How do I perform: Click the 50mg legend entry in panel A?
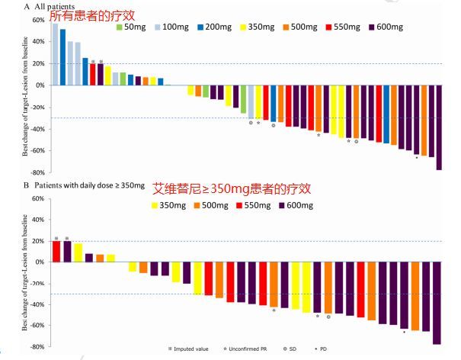[x=131, y=27]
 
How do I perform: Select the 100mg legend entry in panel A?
[x=171, y=27]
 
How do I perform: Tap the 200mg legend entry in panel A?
[x=215, y=27]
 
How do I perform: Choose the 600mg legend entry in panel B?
[x=296, y=205]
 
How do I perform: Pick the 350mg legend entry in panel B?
[x=168, y=205]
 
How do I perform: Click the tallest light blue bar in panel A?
[x=56, y=54]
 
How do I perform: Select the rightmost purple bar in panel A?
[x=439, y=127]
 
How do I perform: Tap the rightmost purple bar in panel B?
[x=437, y=303]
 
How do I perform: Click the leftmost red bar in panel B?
[x=56, y=252]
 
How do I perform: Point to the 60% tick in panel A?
[x=39, y=20]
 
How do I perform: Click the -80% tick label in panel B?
[x=37, y=346]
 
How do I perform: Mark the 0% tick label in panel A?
[x=40, y=85]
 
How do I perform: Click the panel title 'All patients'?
[x=55, y=6]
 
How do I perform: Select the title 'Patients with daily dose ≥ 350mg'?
[x=90, y=185]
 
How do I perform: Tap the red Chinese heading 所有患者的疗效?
[x=92, y=15]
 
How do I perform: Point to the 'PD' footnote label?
[x=323, y=349]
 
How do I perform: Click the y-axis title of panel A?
[x=25, y=96]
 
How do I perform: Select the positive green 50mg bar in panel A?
[x=123, y=79]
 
